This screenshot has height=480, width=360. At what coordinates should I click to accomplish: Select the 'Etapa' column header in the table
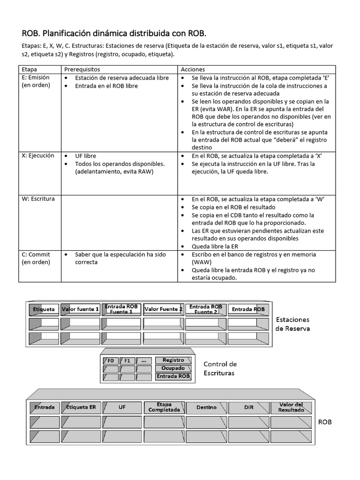(x=30, y=69)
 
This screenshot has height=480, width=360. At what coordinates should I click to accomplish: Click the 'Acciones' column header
(x=192, y=69)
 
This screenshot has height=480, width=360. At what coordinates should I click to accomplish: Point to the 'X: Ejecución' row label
(x=38, y=156)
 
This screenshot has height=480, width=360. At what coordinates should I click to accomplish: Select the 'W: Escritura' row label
(x=38, y=199)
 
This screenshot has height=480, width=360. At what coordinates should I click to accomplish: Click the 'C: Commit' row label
(x=36, y=255)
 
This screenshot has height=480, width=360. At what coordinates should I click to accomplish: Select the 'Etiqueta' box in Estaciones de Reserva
(x=44, y=309)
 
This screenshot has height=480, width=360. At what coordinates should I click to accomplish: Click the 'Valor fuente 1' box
(x=80, y=309)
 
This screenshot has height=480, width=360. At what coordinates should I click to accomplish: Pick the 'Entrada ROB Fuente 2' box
(x=205, y=309)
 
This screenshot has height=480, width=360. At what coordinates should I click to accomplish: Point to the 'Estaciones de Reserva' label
(x=292, y=324)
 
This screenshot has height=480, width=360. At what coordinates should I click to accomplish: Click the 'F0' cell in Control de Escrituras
(x=110, y=361)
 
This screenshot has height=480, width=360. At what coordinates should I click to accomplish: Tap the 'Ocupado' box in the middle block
(x=173, y=368)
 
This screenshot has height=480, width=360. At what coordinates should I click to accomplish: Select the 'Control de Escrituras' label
(x=220, y=368)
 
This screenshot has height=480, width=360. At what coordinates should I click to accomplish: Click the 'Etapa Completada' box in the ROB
(x=164, y=407)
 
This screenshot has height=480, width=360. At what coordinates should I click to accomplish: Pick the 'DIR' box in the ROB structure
(x=248, y=407)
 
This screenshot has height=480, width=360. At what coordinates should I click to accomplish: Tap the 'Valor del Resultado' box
(x=291, y=407)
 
